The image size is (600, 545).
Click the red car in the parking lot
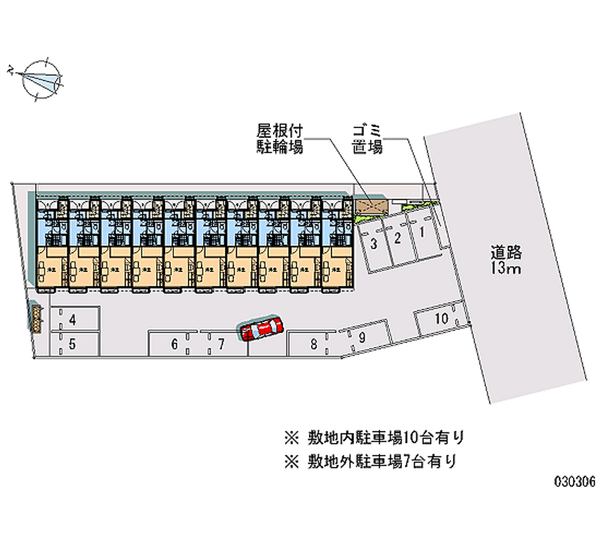[260, 328]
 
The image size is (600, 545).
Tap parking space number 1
[421, 233]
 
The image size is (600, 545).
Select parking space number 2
[398, 238]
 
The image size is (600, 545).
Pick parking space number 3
[373, 244]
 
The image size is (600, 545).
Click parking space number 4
[73, 320]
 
